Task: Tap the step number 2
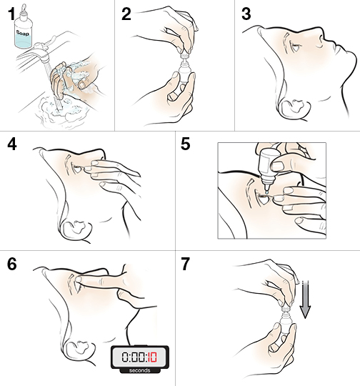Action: coord(126,14)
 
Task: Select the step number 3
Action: coord(246,14)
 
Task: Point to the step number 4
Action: coord(12,144)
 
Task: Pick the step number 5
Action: coord(185,144)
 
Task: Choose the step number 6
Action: coord(12,264)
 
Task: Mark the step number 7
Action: coord(186,264)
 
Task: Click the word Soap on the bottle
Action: coord(23,33)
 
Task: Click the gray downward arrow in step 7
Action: coord(305,300)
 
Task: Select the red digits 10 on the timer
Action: coord(152,357)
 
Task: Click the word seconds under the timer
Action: coord(139,370)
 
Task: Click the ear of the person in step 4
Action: coord(76,229)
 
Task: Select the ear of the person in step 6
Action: coord(79,348)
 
